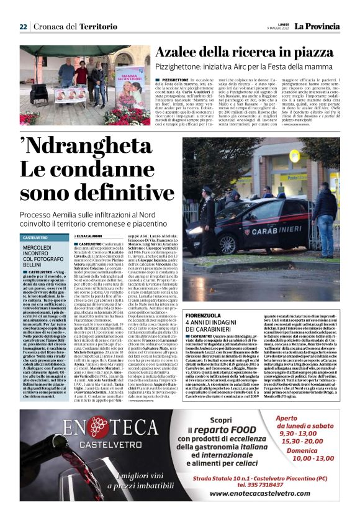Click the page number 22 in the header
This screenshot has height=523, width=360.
coord(23,26)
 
